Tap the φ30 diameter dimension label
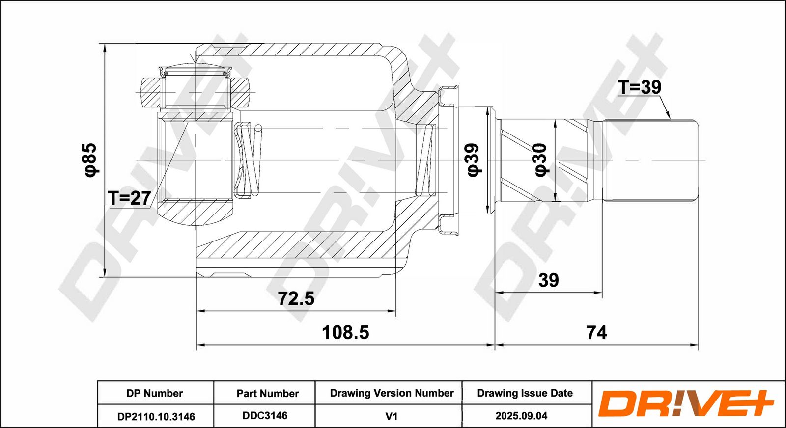coord(541,160)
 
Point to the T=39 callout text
coord(639,87)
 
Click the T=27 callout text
coord(129,198)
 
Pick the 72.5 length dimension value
coord(296,298)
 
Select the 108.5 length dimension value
coord(346,332)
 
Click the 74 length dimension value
coord(597,333)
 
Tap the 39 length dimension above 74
coord(548,280)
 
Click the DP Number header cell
coord(155,393)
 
